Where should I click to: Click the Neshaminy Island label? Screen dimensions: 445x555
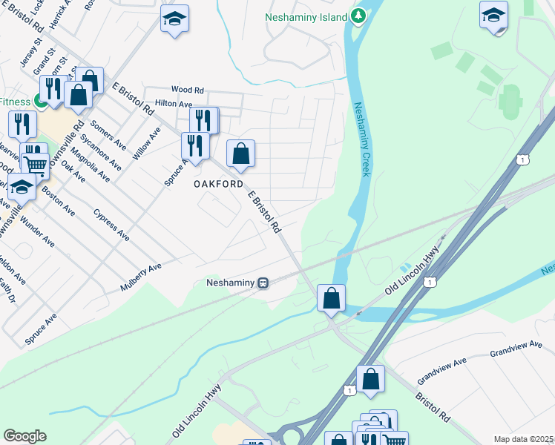click(x=306, y=16)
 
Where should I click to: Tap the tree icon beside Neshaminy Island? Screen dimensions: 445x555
click(x=358, y=16)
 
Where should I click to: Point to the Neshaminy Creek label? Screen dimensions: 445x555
click(x=361, y=139)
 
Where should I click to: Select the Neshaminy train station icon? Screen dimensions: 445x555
click(x=263, y=283)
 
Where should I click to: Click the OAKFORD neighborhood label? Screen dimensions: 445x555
click(x=219, y=184)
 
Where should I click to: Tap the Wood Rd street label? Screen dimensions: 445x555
click(x=187, y=89)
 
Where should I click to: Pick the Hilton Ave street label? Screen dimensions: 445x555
click(x=173, y=105)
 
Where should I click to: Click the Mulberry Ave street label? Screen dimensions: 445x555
click(x=140, y=277)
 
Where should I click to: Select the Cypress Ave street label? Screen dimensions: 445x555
click(x=112, y=225)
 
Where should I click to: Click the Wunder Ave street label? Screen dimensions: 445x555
click(x=37, y=231)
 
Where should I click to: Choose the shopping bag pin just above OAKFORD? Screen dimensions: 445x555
click(x=240, y=154)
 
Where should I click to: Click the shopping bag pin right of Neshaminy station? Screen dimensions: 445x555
click(x=331, y=297)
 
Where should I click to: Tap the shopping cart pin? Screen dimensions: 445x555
click(x=34, y=162)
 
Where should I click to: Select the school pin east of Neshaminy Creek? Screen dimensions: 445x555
click(x=493, y=16)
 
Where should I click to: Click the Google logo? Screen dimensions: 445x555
click(x=24, y=436)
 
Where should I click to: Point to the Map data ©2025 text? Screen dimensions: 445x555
click(x=523, y=439)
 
